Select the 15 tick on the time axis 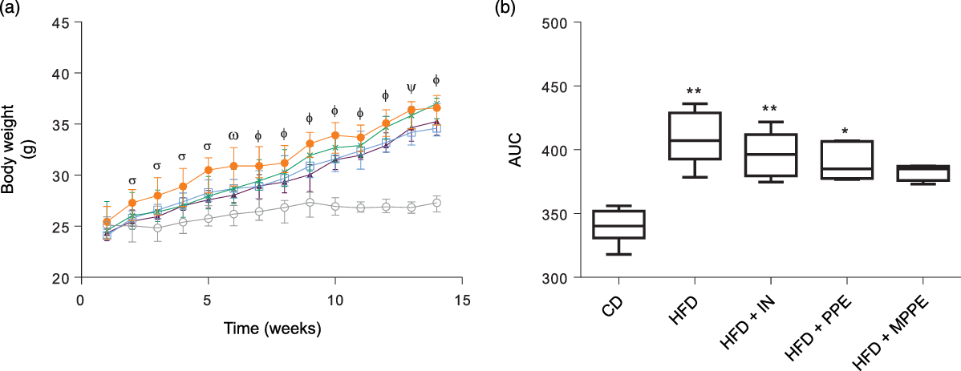(x=460, y=300)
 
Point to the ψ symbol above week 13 (x=411, y=88)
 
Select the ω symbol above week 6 (x=233, y=135)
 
